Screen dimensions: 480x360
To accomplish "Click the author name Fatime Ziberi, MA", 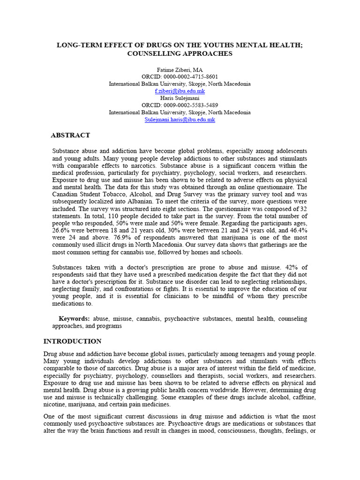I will pyautogui.click(x=180, y=69).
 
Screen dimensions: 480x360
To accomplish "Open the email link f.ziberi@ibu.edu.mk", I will pyautogui.click(x=180, y=91).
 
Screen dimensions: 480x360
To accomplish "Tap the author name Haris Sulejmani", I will pyautogui.click(x=180, y=98).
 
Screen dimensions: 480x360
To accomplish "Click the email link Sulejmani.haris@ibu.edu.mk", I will pyautogui.click(x=180, y=120).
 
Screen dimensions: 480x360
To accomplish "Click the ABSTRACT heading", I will pyautogui.click(x=70, y=135).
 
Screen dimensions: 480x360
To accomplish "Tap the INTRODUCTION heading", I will pyautogui.click(x=72, y=341).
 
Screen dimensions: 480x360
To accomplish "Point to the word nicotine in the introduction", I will pyautogui.click(x=55, y=405).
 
